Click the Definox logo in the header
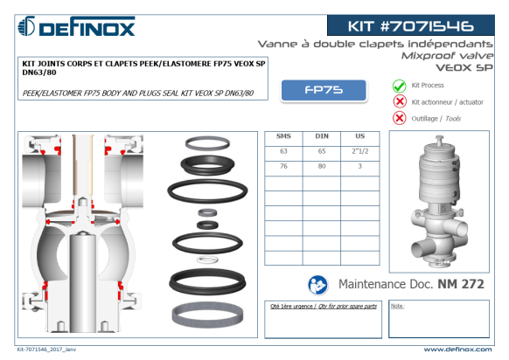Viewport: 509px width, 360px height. pyautogui.click(x=76, y=26)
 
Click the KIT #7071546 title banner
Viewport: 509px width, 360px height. pyautogui.click(x=411, y=25)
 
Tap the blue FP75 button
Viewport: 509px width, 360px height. pyautogui.click(x=324, y=90)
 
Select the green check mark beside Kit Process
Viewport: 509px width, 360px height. pyautogui.click(x=400, y=86)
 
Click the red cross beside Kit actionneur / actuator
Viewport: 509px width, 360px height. pyautogui.click(x=400, y=101)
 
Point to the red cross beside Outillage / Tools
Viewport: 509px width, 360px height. pyautogui.click(x=400, y=118)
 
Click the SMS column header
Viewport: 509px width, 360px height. pyautogui.click(x=283, y=136)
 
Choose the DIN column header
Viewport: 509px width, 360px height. pyautogui.click(x=322, y=136)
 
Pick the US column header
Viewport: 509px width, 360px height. pyautogui.click(x=360, y=136)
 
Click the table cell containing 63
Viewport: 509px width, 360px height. pyautogui.click(x=283, y=151)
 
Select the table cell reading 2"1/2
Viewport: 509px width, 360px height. pyautogui.click(x=360, y=151)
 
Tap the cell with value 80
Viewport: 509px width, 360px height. pyautogui.click(x=322, y=166)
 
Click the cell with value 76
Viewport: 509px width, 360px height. pyautogui.click(x=283, y=166)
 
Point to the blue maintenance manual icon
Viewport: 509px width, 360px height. pyautogui.click(x=317, y=285)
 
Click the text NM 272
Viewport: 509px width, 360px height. pyautogui.click(x=461, y=284)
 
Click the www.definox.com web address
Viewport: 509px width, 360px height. pyautogui.click(x=457, y=350)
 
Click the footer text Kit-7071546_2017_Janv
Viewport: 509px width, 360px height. pyautogui.click(x=46, y=350)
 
